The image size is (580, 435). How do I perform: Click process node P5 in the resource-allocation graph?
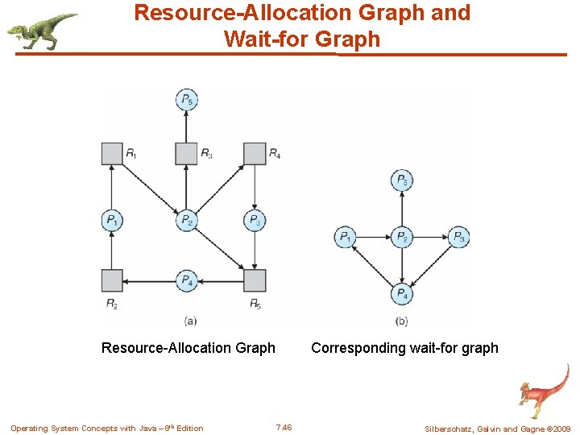click(187, 101)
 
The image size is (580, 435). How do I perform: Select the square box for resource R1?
click(112, 153)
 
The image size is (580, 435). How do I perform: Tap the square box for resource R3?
click(186, 153)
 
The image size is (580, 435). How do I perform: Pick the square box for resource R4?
click(255, 153)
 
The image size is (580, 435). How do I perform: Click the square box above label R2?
click(112, 280)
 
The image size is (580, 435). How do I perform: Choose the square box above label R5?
click(255, 280)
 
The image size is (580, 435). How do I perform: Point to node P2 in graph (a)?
click(187, 220)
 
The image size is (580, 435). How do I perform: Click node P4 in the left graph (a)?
click(187, 280)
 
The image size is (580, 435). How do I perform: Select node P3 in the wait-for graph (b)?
click(458, 237)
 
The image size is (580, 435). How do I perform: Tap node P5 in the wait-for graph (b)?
click(401, 180)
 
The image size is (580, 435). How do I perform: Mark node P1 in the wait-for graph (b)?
click(345, 237)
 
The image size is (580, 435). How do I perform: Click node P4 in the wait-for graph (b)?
click(401, 294)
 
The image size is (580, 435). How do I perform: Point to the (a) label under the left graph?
click(190, 321)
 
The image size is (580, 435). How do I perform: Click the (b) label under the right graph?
click(401, 321)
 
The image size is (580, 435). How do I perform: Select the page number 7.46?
click(284, 427)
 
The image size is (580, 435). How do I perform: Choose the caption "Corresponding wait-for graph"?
click(404, 348)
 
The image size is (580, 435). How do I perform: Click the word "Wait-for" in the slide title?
click(267, 39)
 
